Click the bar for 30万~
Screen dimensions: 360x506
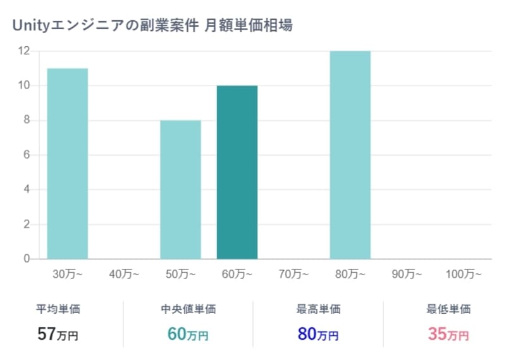tap(68, 163)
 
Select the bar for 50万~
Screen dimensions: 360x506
tap(180, 189)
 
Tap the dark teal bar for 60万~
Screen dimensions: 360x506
tap(237, 172)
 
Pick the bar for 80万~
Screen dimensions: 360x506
tap(350, 154)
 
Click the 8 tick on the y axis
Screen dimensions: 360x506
tap(27, 120)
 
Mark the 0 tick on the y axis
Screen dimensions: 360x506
tap(27, 259)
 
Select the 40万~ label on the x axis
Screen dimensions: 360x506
tap(124, 275)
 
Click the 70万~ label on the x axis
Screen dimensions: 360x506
tap(293, 275)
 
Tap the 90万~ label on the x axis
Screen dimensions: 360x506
tap(406, 275)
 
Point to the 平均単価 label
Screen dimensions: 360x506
tap(58, 309)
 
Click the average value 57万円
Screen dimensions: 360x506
tap(58, 334)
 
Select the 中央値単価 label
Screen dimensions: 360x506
tap(188, 309)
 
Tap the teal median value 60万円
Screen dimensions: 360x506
tap(188, 334)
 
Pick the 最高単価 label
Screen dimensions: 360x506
tap(318, 309)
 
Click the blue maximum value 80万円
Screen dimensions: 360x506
tap(318, 334)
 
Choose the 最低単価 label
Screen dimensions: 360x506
tap(448, 309)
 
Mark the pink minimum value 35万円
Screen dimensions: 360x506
tap(448, 334)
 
